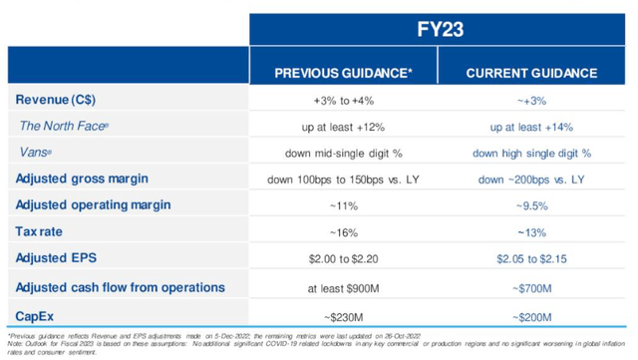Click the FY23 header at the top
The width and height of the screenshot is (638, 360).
click(x=440, y=24)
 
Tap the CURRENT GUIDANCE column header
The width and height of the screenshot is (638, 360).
click(x=532, y=74)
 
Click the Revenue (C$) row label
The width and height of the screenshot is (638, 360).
click(x=55, y=101)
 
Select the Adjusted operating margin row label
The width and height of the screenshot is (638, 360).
click(x=94, y=204)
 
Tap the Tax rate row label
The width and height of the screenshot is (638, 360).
click(x=43, y=230)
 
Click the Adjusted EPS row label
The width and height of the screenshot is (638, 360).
click(x=56, y=257)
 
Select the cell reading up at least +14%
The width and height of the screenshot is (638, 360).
click(x=532, y=127)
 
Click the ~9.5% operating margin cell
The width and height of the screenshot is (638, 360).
click(x=532, y=204)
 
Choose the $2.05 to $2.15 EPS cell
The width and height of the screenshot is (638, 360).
click(x=532, y=257)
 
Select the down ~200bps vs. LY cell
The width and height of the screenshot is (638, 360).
click(x=532, y=179)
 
